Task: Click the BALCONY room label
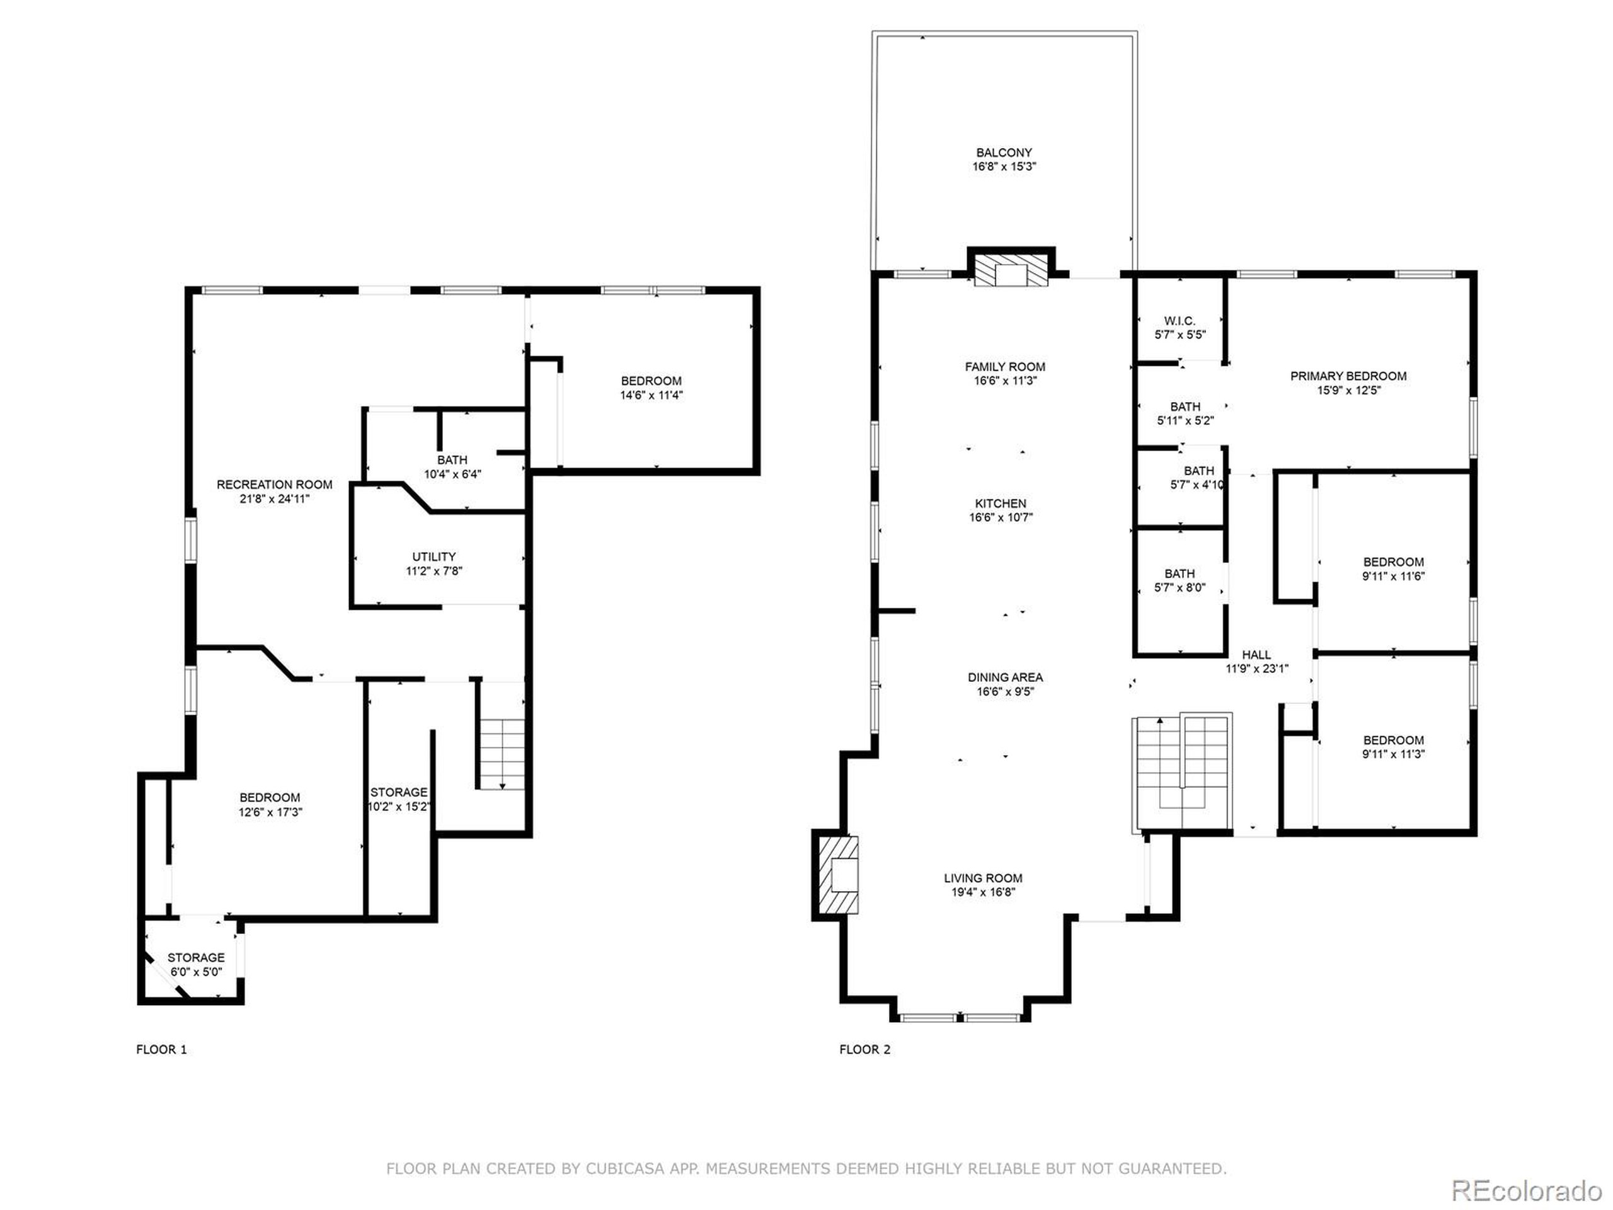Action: coord(1004,153)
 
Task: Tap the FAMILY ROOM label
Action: coord(1005,367)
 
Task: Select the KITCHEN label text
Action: coord(1001,504)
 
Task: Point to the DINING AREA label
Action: coord(1005,677)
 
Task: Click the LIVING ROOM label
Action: coord(983,878)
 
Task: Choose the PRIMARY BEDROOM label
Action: coord(1348,376)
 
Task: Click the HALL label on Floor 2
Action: coord(1256,655)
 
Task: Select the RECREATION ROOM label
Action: coord(274,484)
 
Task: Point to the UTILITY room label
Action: coord(434,556)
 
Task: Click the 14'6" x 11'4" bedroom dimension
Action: coord(651,395)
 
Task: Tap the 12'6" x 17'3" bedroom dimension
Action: coord(270,812)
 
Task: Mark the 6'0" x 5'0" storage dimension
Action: coord(196,972)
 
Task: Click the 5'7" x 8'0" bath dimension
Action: coord(1179,588)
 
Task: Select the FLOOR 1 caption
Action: coord(161,1049)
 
